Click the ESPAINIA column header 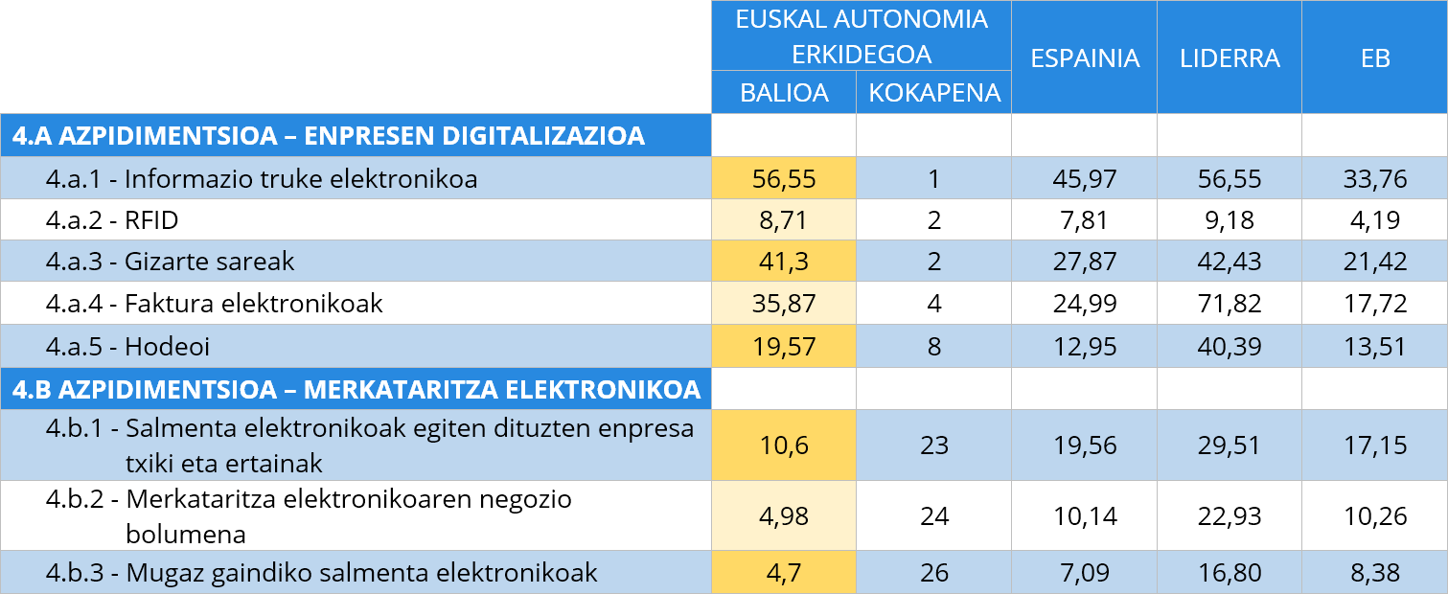pyautogui.click(x=1084, y=57)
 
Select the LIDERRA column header pyautogui.click(x=1230, y=57)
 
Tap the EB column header pyautogui.click(x=1374, y=57)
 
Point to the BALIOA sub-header pyautogui.click(x=784, y=93)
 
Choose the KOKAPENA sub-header pyautogui.click(x=933, y=93)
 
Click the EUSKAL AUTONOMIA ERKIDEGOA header pyautogui.click(x=861, y=35)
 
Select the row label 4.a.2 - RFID pyautogui.click(x=112, y=220)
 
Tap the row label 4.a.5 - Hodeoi pyautogui.click(x=127, y=346)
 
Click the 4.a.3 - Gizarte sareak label pyautogui.click(x=170, y=262)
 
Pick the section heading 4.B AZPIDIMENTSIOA pyautogui.click(x=356, y=390)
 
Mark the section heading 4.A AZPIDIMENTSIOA pyautogui.click(x=328, y=136)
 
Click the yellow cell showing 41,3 pyautogui.click(x=784, y=262)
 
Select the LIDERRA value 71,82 pyautogui.click(x=1230, y=304)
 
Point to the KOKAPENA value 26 pyautogui.click(x=933, y=573)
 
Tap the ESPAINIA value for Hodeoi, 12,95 pyautogui.click(x=1084, y=346)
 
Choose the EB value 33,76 pyautogui.click(x=1374, y=178)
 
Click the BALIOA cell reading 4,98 pyautogui.click(x=784, y=516)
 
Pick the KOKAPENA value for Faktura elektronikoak pyautogui.click(x=933, y=304)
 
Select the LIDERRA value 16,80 pyautogui.click(x=1230, y=573)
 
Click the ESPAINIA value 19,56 pyautogui.click(x=1084, y=445)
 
